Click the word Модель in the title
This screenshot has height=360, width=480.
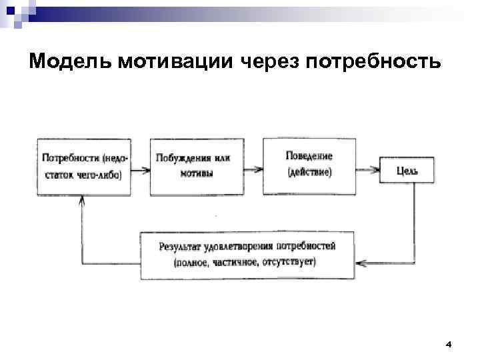click(x=71, y=61)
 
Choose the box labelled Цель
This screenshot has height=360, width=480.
click(x=407, y=171)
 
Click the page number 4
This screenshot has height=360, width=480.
click(x=448, y=344)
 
